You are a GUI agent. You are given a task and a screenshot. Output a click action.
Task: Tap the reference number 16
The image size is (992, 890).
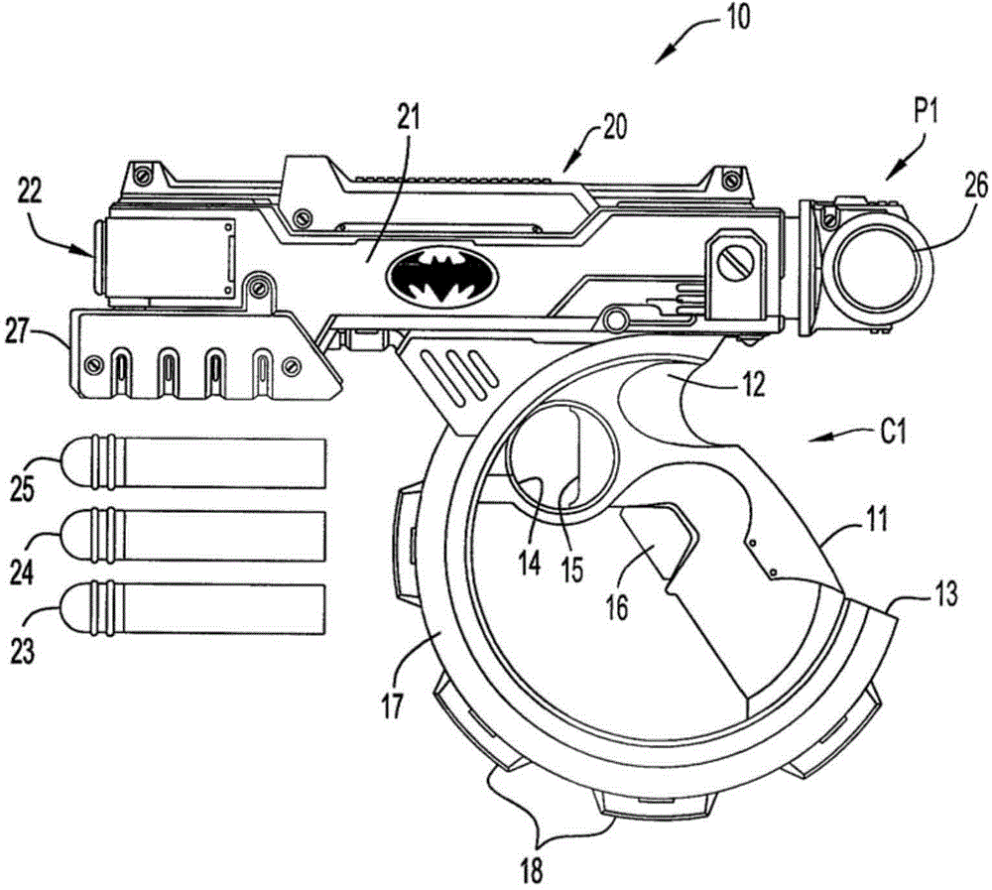617,607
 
